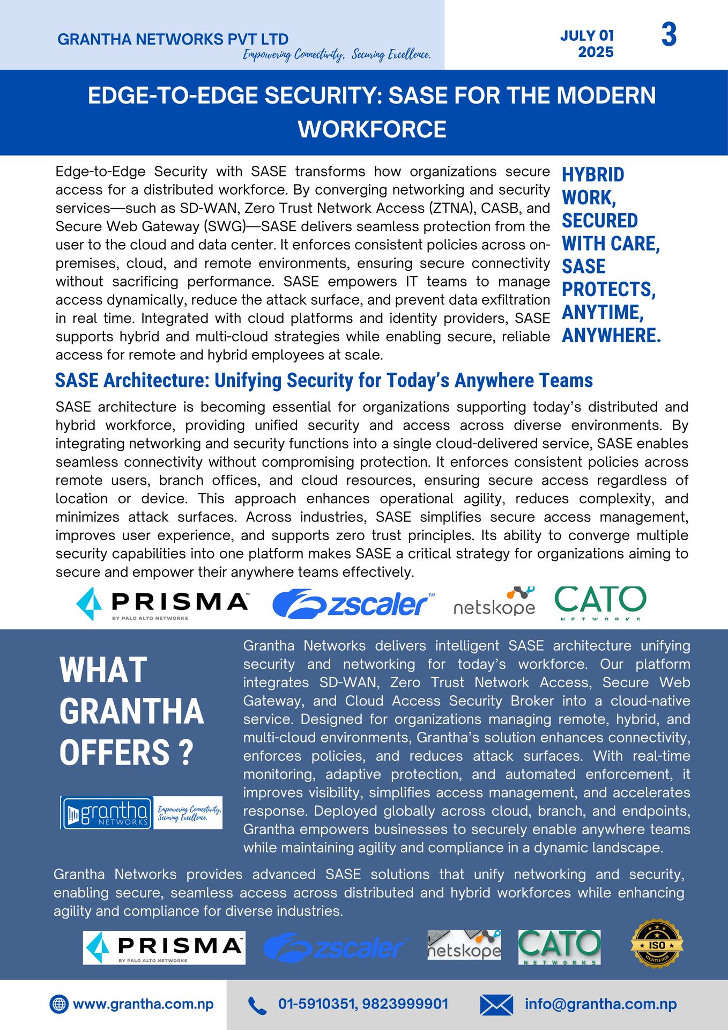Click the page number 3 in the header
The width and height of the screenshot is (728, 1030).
668,35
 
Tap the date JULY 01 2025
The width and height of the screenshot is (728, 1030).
588,44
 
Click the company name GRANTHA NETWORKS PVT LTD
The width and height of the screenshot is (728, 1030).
173,39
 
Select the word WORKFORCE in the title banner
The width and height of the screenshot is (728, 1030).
372,129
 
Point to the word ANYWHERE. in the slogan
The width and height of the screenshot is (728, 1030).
611,335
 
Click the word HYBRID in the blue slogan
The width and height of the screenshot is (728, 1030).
593,174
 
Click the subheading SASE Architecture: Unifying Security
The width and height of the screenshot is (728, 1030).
324,380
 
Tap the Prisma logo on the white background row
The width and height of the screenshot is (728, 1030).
162,604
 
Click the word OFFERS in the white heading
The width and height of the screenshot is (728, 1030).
115,752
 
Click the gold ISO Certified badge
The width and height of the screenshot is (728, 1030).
657,945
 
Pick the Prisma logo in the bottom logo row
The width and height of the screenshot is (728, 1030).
164,947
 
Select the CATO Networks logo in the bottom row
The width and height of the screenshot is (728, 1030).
559,947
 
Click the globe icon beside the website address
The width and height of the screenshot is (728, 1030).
58,1004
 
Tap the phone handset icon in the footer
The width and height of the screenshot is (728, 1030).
257,1005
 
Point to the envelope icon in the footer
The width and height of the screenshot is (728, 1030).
496,1005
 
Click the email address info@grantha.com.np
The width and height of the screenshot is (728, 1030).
600,1004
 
